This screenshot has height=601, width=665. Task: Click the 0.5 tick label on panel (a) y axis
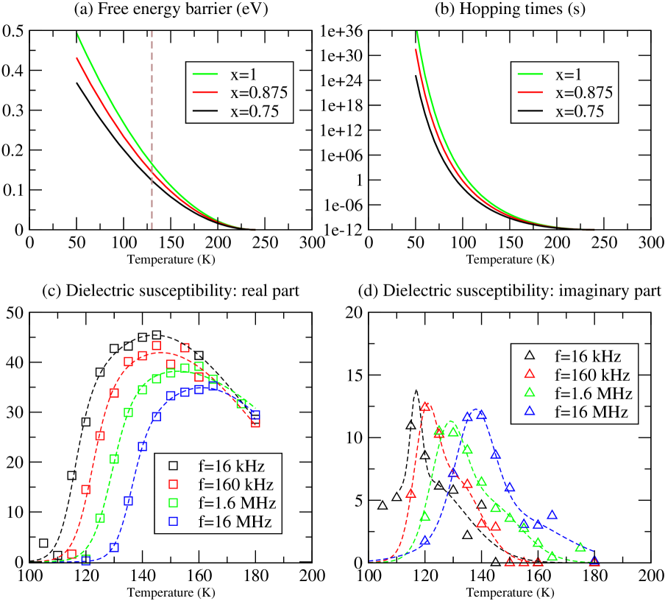[14, 31]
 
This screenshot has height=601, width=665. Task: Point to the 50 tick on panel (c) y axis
[14, 312]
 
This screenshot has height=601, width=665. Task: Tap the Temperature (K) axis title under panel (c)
[170, 591]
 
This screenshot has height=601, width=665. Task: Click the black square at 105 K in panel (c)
[44, 543]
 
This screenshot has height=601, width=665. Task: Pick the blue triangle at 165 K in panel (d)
[552, 515]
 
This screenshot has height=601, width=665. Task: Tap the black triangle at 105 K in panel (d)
[383, 505]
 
